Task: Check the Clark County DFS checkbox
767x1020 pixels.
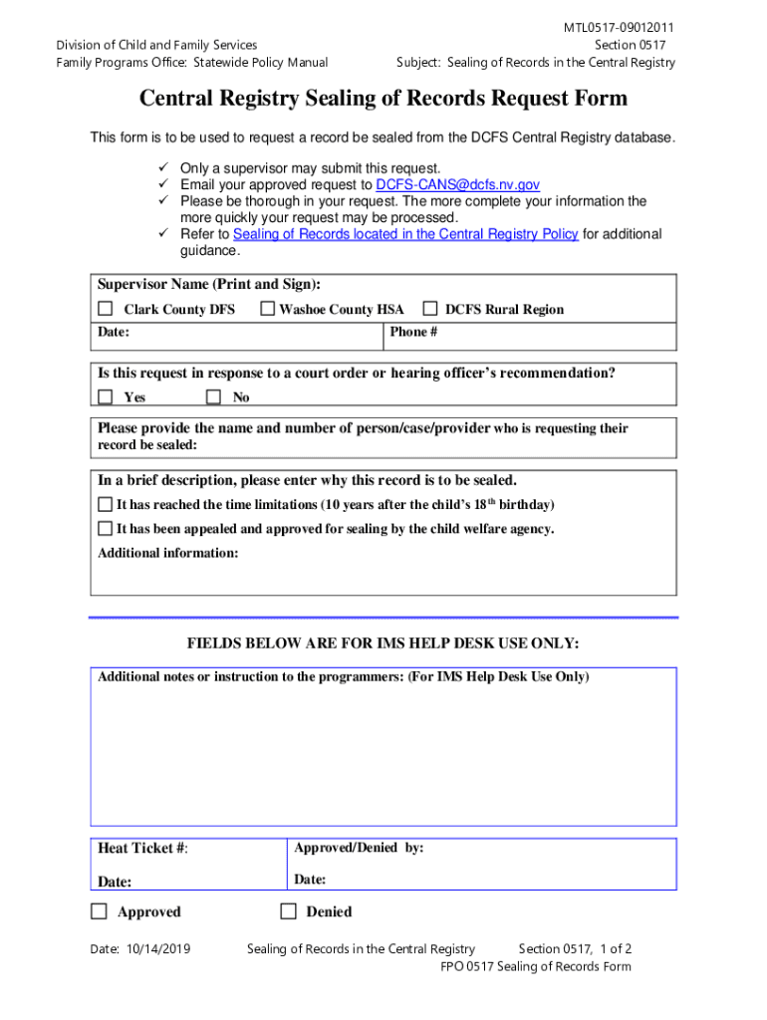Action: click(x=105, y=309)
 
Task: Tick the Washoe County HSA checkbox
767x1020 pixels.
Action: click(x=268, y=309)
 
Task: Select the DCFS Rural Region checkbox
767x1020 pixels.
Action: click(x=431, y=309)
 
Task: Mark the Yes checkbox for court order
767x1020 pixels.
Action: click(x=105, y=397)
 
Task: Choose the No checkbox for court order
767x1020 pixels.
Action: click(x=213, y=397)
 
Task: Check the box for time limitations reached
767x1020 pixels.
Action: click(x=105, y=504)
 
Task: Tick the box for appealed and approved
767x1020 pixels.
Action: click(x=105, y=529)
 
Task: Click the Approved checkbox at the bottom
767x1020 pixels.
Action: click(x=99, y=911)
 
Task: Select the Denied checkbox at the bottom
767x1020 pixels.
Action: click(x=289, y=911)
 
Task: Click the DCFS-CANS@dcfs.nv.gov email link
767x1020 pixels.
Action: click(x=457, y=185)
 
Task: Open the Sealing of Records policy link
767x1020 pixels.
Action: click(x=404, y=234)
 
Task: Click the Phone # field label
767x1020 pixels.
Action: click(x=413, y=332)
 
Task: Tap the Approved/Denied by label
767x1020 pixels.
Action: click(x=359, y=848)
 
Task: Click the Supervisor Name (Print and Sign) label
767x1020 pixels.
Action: click(x=208, y=285)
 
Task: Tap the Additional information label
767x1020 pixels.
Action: click(x=167, y=553)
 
